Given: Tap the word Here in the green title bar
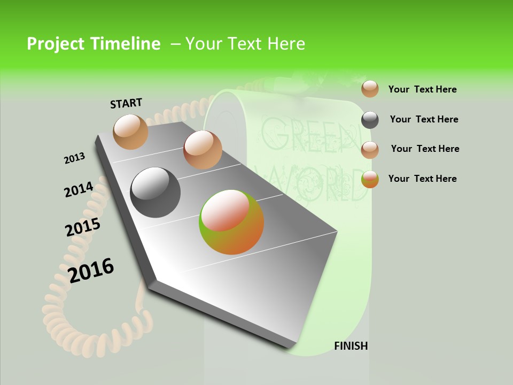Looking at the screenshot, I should point(286,44).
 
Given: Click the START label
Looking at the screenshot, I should point(126,103).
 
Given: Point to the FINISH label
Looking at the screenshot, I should point(351,346).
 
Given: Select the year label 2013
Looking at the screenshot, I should point(74,158).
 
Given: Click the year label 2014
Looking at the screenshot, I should point(79,190).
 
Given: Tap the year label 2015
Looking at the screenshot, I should point(82,227).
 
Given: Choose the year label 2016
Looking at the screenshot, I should point(91,271).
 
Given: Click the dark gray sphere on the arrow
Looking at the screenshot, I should point(156,192).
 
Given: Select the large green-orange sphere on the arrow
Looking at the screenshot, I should point(231,222).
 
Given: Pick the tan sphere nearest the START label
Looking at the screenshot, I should point(131,132).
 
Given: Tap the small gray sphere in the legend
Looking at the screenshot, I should point(370,120).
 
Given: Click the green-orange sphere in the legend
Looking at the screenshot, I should point(370,179).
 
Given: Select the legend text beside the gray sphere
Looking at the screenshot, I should point(424,119).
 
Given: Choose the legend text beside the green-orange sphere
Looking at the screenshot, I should point(422,179).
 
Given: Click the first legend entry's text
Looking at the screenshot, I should point(422,90).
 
